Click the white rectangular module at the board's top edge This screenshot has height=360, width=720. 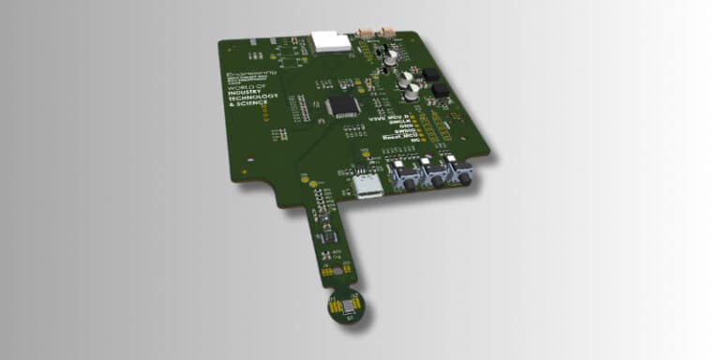[x=331, y=40]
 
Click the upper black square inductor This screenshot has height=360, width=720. [x=432, y=75]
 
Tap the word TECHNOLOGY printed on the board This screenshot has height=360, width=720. [x=247, y=109]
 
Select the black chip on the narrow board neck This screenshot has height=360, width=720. [x=327, y=236]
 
